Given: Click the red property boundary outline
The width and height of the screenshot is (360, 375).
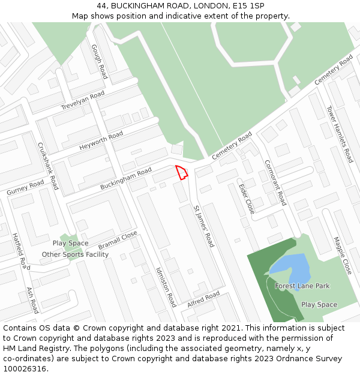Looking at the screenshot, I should click(181, 172).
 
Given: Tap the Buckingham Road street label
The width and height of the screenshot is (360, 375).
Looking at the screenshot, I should click(126, 179).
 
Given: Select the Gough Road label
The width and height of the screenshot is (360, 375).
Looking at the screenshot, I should click(100, 61).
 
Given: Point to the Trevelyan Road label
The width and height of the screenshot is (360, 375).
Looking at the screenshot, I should click(83, 100).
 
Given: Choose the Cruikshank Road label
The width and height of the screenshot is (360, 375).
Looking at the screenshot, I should click(48, 166).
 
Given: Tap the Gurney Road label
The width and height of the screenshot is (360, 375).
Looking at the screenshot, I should click(25, 187).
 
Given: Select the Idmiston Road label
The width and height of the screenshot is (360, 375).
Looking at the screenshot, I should click(166, 287).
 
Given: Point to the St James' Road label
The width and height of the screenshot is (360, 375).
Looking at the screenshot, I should click(203, 226).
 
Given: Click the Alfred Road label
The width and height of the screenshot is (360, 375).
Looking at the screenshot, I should click(203, 299).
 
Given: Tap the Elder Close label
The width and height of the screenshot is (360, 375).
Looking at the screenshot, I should click(247, 199).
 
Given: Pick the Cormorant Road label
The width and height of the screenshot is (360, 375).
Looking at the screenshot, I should click(275, 182).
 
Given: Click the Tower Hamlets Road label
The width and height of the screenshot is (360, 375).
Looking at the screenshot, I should click(340, 134).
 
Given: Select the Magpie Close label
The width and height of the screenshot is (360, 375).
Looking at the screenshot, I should click(343, 254).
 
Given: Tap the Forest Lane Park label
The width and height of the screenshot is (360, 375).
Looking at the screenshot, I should click(302, 286).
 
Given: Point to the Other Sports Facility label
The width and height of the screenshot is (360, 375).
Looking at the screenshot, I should click(75, 254).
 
